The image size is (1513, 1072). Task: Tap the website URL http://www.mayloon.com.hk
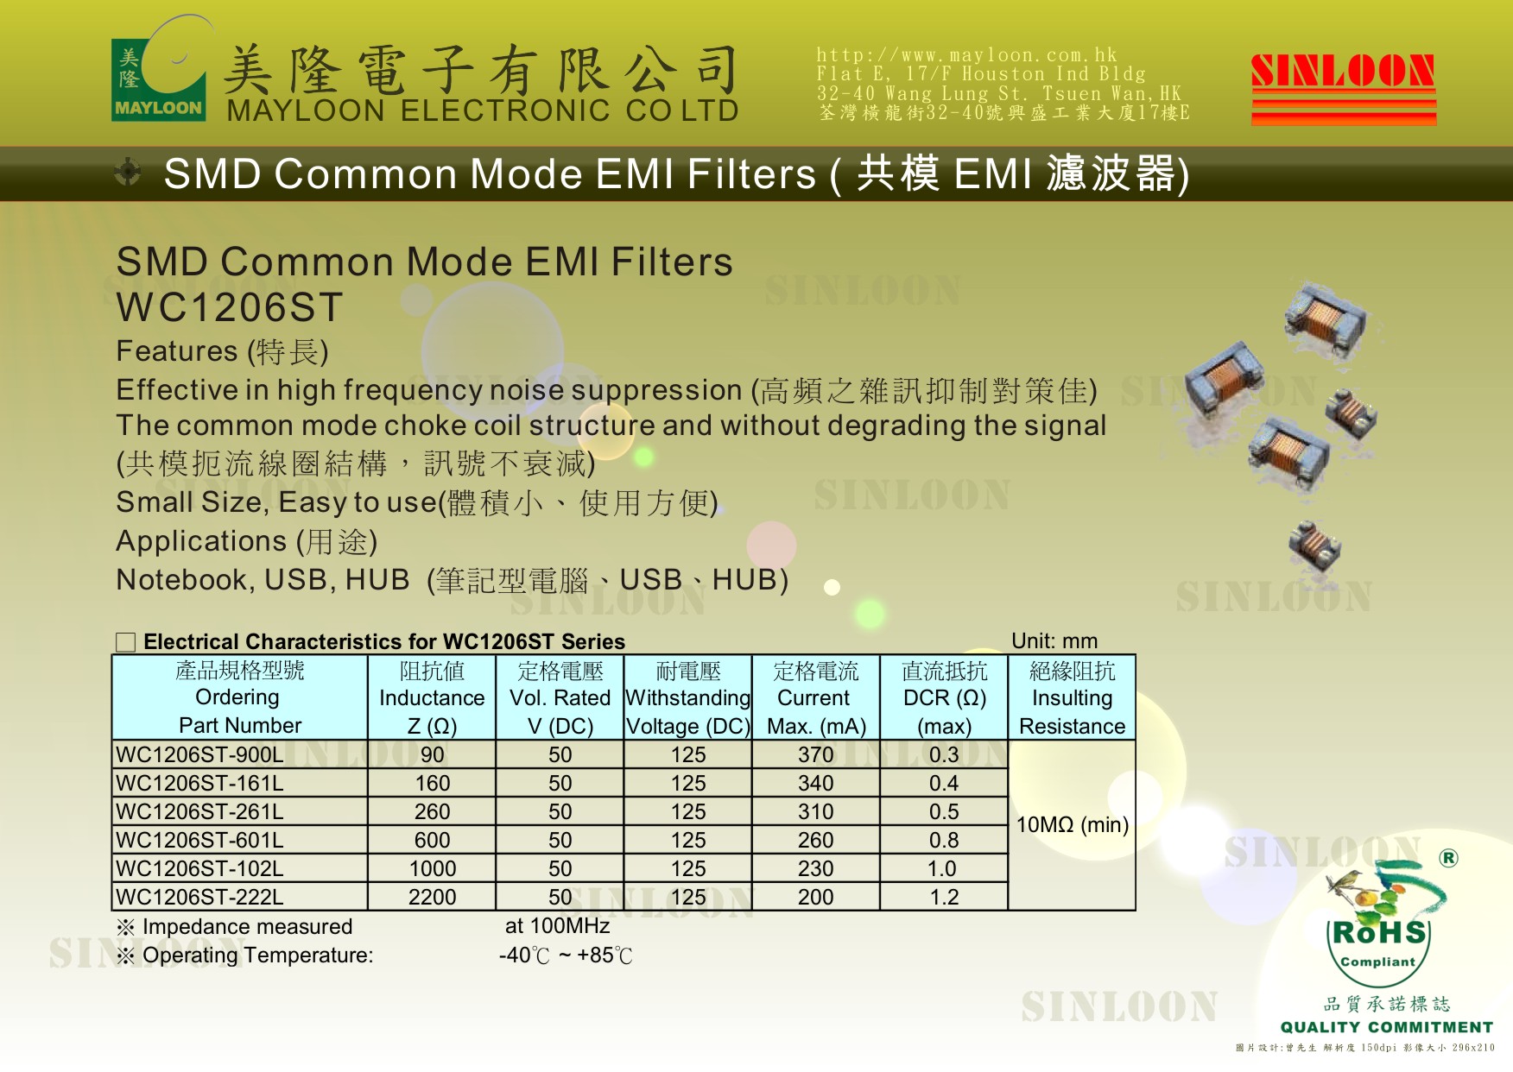tap(966, 54)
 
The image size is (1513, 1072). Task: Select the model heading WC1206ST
tap(230, 307)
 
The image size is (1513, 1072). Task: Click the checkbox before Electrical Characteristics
tap(126, 642)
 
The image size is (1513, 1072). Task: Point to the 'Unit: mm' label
tap(1054, 641)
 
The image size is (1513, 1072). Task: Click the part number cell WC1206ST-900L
tap(199, 754)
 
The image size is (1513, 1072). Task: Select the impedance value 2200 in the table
tap(432, 897)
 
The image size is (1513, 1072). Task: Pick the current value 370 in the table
tap(815, 754)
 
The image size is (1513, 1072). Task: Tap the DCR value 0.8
tap(944, 840)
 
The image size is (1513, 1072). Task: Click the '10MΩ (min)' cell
tap(1072, 824)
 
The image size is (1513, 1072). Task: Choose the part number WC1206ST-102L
tap(199, 868)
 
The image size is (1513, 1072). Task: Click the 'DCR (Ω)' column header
tap(944, 697)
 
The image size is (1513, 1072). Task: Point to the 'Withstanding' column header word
tap(687, 697)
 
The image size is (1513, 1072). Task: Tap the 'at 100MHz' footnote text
tap(557, 926)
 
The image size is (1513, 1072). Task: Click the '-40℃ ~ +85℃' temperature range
tap(566, 955)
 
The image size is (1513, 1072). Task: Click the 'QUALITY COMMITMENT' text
tap(1387, 1027)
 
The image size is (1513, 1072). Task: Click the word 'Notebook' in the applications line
tap(181, 580)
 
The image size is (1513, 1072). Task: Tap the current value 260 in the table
tap(815, 840)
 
